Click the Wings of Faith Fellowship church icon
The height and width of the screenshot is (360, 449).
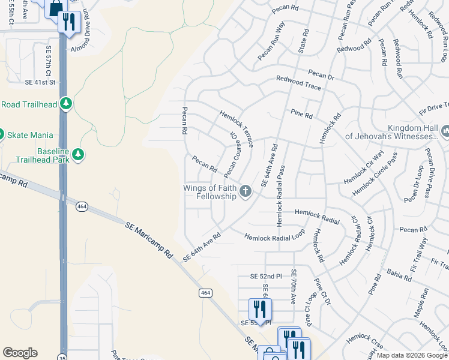245,191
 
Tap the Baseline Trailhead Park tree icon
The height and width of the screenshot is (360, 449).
78,155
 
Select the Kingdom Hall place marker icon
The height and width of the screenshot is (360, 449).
445,131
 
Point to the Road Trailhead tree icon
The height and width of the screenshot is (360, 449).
66,104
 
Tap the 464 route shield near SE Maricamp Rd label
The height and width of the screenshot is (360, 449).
82,206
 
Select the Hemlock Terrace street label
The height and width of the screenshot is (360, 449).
237,128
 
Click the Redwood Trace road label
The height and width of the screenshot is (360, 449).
298,83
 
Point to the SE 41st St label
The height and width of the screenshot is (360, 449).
40,82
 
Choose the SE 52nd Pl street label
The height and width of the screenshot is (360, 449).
266,276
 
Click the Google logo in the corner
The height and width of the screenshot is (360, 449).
20,353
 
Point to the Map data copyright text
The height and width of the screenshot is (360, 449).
411,355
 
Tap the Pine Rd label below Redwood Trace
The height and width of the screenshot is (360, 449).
301,114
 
